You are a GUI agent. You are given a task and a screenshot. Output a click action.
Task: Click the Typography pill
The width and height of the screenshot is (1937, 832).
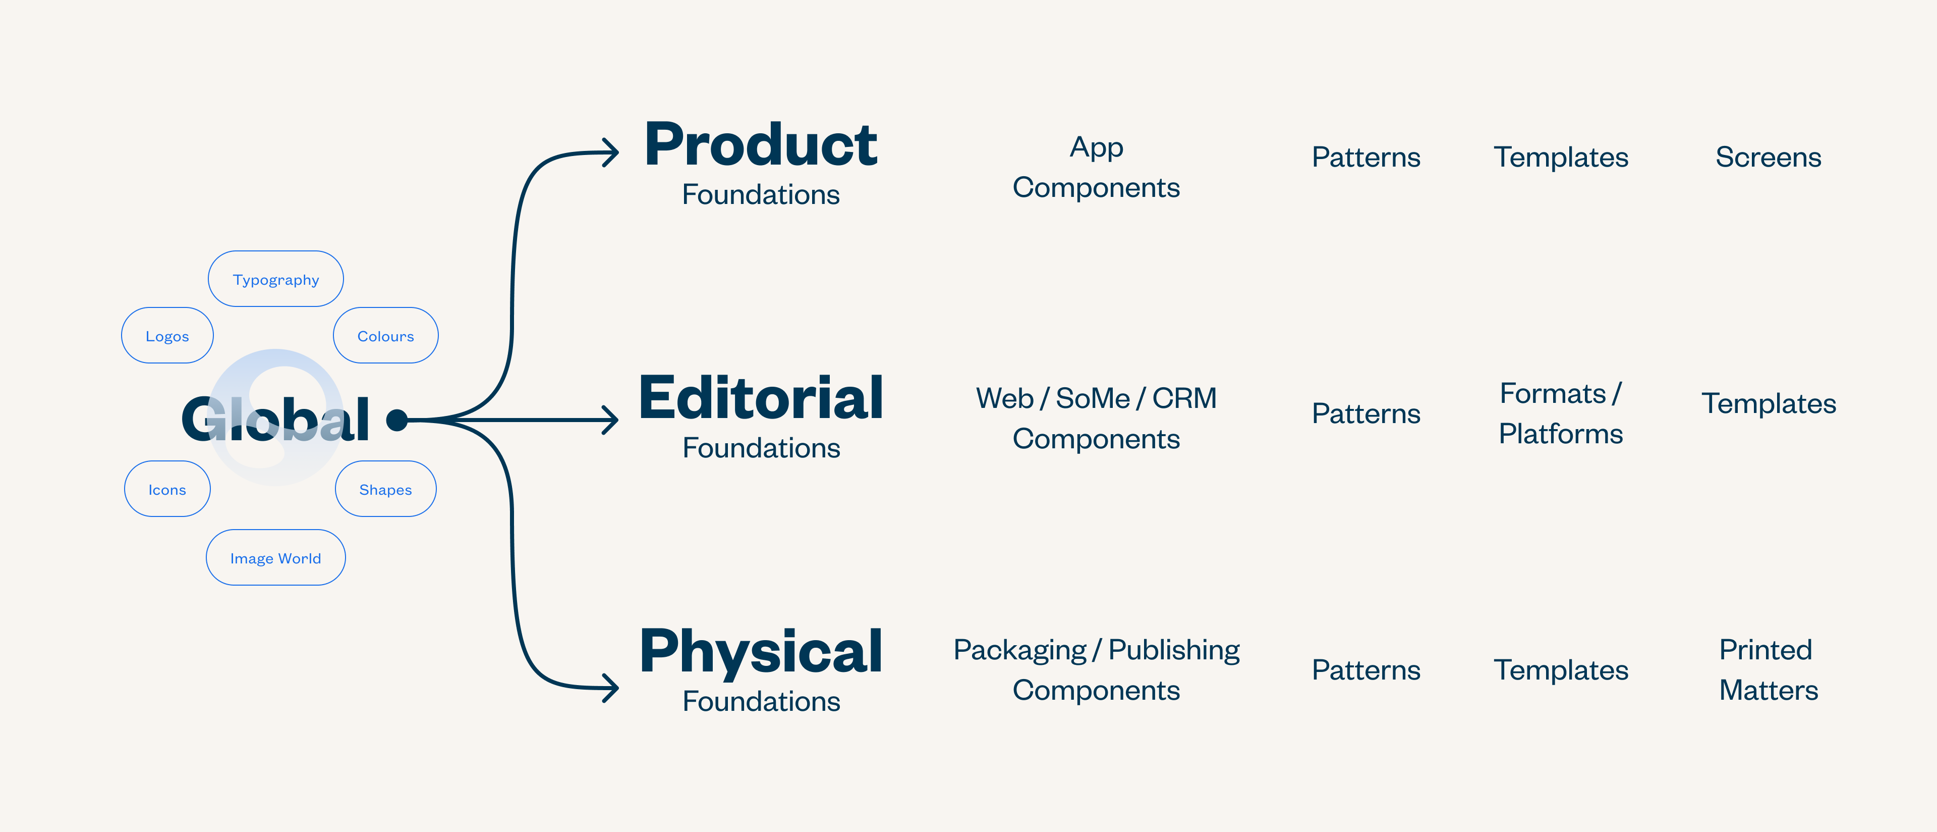click(x=275, y=279)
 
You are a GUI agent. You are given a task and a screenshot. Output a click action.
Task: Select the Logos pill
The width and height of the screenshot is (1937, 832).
click(x=167, y=336)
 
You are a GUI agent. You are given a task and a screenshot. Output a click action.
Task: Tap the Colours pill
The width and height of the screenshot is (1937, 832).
click(x=385, y=336)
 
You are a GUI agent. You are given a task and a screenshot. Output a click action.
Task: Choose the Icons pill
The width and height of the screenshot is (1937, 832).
click(x=167, y=489)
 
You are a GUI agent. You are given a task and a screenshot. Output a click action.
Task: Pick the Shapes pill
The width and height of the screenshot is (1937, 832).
click(x=385, y=489)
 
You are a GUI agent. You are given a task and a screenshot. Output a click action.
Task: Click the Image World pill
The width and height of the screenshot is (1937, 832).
click(x=275, y=557)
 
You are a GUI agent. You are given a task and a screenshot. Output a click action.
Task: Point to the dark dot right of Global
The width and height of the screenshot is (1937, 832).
click(x=397, y=420)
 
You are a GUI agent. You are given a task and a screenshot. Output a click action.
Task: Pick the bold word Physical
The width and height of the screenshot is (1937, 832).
click(x=760, y=651)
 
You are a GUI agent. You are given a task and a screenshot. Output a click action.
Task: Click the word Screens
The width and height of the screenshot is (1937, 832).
click(x=1768, y=157)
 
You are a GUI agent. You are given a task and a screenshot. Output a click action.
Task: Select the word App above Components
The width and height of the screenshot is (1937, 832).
click(x=1096, y=147)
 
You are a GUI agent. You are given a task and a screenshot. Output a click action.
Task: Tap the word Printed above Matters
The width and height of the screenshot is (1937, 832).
click(x=1765, y=650)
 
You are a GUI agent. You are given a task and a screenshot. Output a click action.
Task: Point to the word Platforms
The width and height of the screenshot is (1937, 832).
click(x=1560, y=434)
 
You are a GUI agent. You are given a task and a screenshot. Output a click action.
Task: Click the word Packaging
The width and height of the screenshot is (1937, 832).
click(x=1019, y=650)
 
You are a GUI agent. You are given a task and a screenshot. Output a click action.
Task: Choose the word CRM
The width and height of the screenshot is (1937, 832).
click(x=1184, y=398)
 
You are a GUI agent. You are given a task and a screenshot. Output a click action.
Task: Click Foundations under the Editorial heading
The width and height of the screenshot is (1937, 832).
click(x=761, y=448)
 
